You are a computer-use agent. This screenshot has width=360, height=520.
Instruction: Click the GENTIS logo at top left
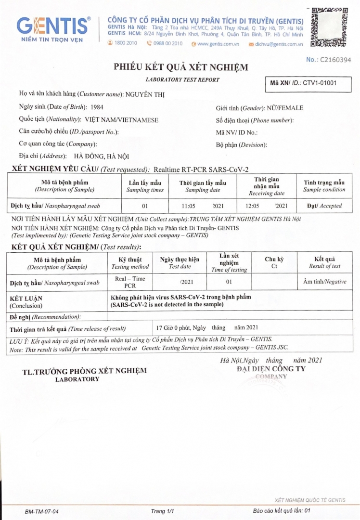tap(53, 28)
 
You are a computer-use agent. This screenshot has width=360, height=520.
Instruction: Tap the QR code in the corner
tap(329, 27)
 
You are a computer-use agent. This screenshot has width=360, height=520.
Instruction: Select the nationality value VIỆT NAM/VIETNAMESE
tap(122, 120)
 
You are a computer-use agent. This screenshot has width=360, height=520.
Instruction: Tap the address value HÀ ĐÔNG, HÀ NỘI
tap(101, 156)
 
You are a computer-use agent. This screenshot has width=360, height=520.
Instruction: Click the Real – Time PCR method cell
tap(127, 282)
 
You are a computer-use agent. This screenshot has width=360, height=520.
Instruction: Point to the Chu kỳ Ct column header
tap(274, 262)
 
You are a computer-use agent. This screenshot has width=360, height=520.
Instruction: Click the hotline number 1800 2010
tap(126, 43)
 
